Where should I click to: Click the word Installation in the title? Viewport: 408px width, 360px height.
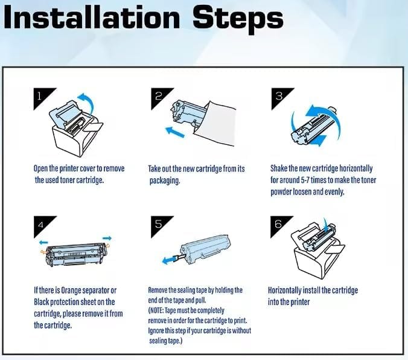pyautogui.click(x=92, y=17)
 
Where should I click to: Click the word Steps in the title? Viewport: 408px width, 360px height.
pyautogui.click(x=238, y=19)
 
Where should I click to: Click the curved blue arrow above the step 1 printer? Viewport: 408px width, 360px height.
pyautogui.click(x=89, y=100)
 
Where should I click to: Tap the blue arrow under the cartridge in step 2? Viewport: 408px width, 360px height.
pyautogui.click(x=175, y=132)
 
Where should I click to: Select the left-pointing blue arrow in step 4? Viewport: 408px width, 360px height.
pyautogui.click(x=43, y=243)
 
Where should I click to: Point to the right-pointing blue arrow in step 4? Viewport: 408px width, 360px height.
pyautogui.click(x=107, y=238)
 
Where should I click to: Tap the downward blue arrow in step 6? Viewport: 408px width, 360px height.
pyautogui.click(x=325, y=225)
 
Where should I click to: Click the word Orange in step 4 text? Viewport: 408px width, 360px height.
pyautogui.click(x=70, y=290)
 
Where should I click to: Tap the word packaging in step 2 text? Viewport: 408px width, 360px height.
pyautogui.click(x=164, y=181)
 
